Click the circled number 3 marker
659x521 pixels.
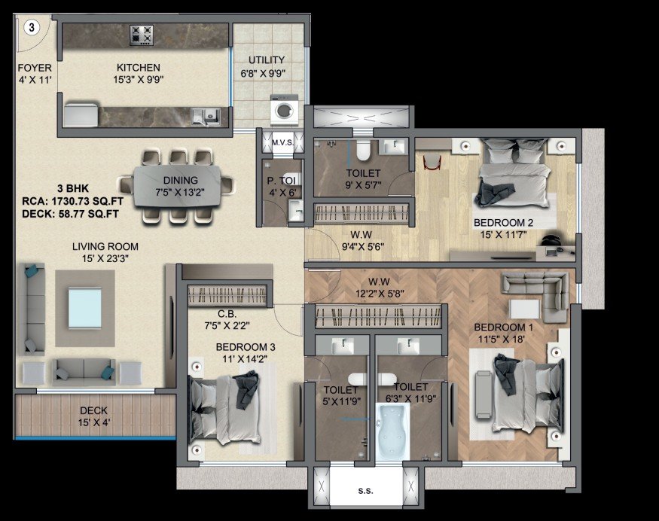coord(32,28)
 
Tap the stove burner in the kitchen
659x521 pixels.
coord(142,34)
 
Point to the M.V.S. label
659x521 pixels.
coord(282,142)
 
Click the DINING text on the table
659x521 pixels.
coord(180,180)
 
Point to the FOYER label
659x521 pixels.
coord(35,68)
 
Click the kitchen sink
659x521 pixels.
coord(205,115)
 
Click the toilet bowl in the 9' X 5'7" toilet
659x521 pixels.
coord(362,151)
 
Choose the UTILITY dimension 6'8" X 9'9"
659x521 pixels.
coord(262,73)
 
